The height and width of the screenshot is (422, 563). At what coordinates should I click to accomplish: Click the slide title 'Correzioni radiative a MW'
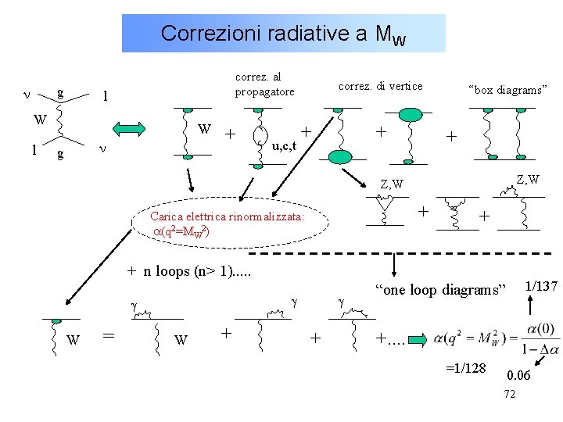click(x=283, y=34)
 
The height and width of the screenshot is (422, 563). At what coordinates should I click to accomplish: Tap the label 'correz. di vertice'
click(x=380, y=86)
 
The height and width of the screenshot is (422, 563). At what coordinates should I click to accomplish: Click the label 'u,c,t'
click(x=284, y=145)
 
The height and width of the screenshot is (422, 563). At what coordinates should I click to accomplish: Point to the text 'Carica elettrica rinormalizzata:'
click(x=227, y=216)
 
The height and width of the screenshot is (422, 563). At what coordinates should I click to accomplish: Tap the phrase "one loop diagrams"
click(x=442, y=290)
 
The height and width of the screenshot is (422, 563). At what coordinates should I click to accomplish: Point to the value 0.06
click(x=518, y=376)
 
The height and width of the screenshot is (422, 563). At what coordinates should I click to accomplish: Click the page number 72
click(x=509, y=393)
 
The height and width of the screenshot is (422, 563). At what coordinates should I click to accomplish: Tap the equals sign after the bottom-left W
click(x=110, y=334)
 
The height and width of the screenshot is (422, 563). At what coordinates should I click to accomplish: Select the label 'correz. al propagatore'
click(x=265, y=84)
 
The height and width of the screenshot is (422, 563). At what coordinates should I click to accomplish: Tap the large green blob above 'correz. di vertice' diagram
click(x=411, y=116)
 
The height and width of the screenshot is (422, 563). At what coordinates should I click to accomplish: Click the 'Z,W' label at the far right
click(x=528, y=179)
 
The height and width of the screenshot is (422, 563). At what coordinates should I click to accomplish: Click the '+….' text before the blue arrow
click(x=390, y=338)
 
